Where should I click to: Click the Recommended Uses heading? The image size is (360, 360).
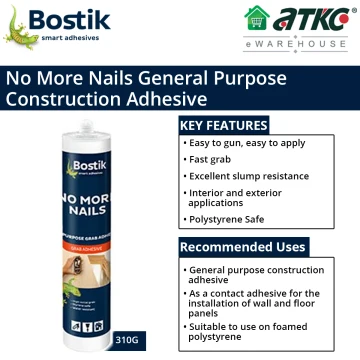tap(243, 246)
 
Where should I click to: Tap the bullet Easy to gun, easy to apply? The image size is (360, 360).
tap(241, 144)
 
